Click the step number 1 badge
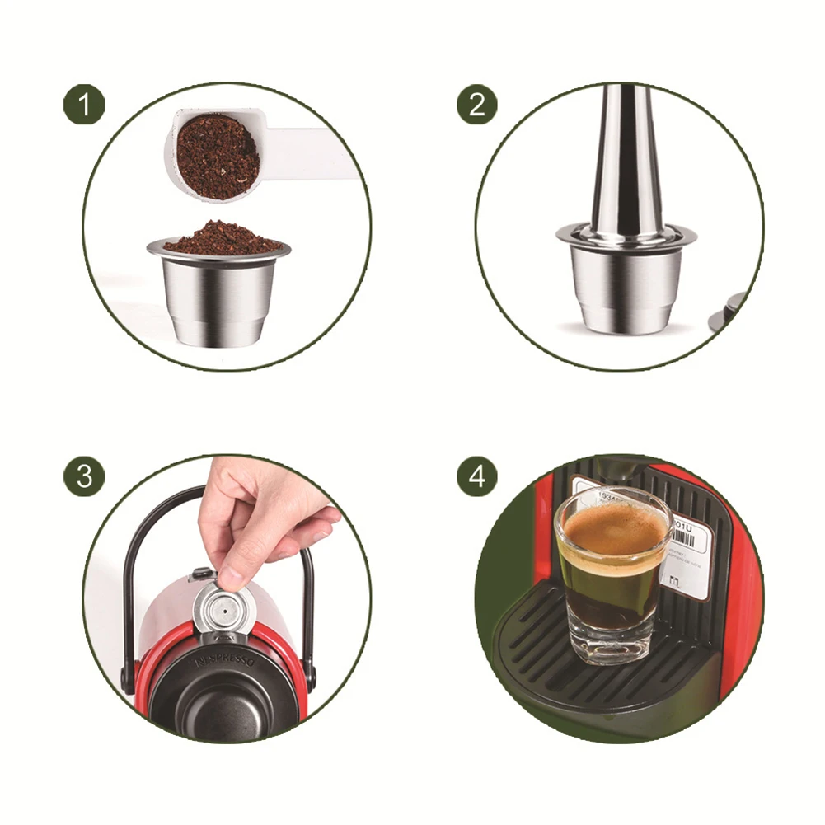(x=84, y=105)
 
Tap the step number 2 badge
(x=477, y=105)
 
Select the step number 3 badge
(x=84, y=476)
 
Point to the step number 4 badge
(x=477, y=476)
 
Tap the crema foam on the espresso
(x=612, y=527)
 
